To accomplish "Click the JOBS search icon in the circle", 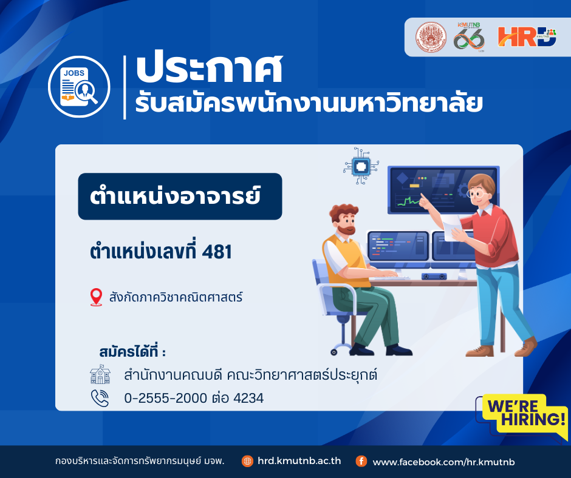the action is click(79, 87).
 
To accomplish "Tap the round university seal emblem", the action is click(431, 37).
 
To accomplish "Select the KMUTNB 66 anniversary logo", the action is click(469, 37).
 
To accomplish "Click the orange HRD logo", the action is click(527, 37).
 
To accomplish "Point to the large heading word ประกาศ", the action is click(209, 69).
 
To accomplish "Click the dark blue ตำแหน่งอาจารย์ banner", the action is click(180, 197).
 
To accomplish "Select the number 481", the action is click(217, 252).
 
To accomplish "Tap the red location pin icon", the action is click(96, 297).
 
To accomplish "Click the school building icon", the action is click(100, 374).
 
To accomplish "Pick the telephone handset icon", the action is click(100, 398).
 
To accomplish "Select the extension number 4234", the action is click(248, 399).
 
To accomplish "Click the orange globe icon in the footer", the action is click(247, 461).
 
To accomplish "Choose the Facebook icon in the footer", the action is click(361, 461).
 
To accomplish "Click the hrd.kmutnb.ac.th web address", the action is click(299, 461).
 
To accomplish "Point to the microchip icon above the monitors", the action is click(361, 166).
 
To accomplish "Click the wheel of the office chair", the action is click(334, 352).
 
